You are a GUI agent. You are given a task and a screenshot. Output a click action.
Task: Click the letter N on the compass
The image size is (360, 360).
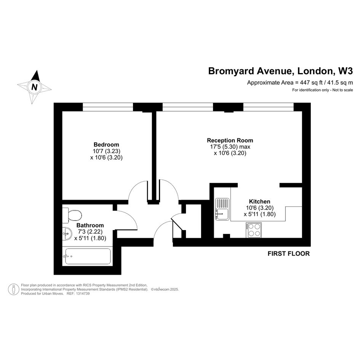point(34,87)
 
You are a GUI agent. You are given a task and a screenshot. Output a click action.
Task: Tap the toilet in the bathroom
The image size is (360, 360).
point(72,215)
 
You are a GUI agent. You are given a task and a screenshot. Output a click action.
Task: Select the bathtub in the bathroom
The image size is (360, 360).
point(88,256)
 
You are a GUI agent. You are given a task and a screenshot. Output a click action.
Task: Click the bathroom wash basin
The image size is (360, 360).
point(67,234)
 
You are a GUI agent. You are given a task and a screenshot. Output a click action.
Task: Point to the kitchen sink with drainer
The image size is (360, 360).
point(222,209)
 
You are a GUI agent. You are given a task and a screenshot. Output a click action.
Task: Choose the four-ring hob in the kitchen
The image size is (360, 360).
point(254,230)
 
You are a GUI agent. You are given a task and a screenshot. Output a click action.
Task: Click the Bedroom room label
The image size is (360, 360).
point(106,145)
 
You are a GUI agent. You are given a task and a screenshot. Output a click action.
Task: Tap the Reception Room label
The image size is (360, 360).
point(230,140)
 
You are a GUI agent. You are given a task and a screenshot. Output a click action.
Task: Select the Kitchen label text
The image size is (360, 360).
point(260,202)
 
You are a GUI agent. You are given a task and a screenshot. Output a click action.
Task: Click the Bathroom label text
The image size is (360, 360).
point(90,225)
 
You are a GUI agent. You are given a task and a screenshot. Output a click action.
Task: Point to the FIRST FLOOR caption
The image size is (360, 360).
point(289,254)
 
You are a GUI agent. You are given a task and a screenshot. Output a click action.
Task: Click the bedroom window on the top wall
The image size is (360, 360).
point(108,107)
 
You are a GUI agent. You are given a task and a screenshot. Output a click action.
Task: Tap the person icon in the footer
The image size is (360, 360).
point(14,289)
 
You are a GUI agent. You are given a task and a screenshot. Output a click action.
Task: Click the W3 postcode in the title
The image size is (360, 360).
point(346,71)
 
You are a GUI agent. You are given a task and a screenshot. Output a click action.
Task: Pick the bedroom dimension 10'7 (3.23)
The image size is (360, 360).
point(107,151)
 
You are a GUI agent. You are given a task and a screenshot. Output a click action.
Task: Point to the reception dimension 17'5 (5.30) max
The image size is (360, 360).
point(230,147)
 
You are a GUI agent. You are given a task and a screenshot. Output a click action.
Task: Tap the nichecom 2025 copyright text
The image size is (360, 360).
point(165,290)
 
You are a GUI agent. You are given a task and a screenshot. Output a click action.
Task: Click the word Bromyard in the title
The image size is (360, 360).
point(231,71)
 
